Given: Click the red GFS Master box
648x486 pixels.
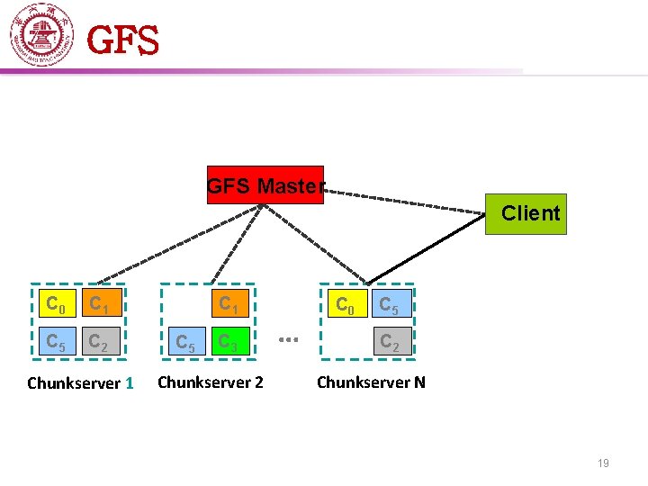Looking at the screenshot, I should coord(265,185).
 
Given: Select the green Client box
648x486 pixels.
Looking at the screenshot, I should coord(526,214).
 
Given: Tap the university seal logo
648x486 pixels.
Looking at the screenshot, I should coord(41,36).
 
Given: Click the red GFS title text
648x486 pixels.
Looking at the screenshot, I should coord(123,40).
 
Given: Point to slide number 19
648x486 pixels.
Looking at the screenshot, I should coord(603,463).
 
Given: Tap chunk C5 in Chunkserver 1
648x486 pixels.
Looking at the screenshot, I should coord(55,342).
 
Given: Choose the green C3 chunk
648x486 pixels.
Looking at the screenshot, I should coord(229,342).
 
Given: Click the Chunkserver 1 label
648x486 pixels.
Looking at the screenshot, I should coord(80,383).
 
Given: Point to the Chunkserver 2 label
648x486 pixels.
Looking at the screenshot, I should coord(211,382).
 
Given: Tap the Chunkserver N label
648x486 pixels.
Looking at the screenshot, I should coord(371,382).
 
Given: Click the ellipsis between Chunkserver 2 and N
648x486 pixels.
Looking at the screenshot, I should coord(288,340).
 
